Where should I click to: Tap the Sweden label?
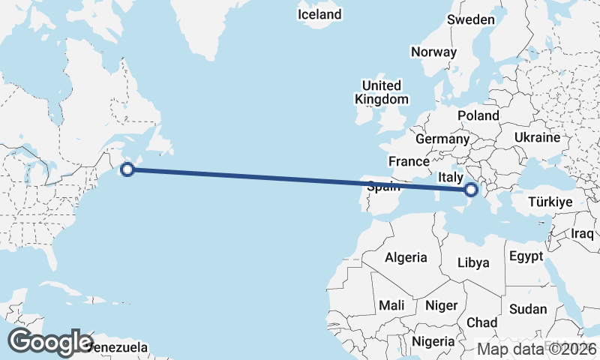pyautogui.click(x=471, y=20)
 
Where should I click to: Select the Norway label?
pyautogui.click(x=433, y=52)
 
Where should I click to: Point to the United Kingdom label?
pyautogui.click(x=382, y=92)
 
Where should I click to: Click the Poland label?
pyautogui.click(x=478, y=115)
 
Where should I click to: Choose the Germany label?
pyautogui.click(x=442, y=139)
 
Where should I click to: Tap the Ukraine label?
pyautogui.click(x=537, y=137)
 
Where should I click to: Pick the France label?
pyautogui.click(x=409, y=161)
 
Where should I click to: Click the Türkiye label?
pyautogui.click(x=550, y=202)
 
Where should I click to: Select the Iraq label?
pyautogui.click(x=582, y=233)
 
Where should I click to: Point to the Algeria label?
pyautogui.click(x=406, y=257)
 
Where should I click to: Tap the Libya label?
pyautogui.click(x=473, y=262)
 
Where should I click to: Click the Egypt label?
pyautogui.click(x=526, y=256)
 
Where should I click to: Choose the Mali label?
pyautogui.click(x=391, y=305)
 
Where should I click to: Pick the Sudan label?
pyautogui.click(x=528, y=309)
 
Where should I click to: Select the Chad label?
pyautogui.click(x=481, y=322)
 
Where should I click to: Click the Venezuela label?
pyautogui.click(x=117, y=348)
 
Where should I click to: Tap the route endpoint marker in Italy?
pyautogui.click(x=472, y=190)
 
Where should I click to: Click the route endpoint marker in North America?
pyautogui.click(x=127, y=169)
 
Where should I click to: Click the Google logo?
pyautogui.click(x=49, y=342)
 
